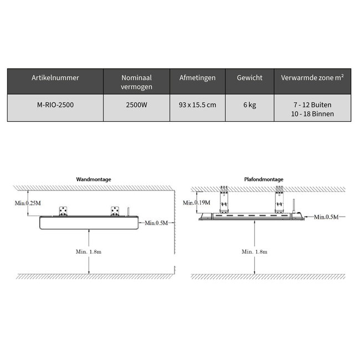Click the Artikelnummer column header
(x=55, y=78)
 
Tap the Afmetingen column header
(x=197, y=78)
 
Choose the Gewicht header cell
(x=249, y=78)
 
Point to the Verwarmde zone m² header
(x=312, y=78)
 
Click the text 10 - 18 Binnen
(x=312, y=114)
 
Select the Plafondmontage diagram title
(x=264, y=179)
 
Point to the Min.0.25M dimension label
(x=29, y=204)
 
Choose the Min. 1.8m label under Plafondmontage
(x=254, y=251)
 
